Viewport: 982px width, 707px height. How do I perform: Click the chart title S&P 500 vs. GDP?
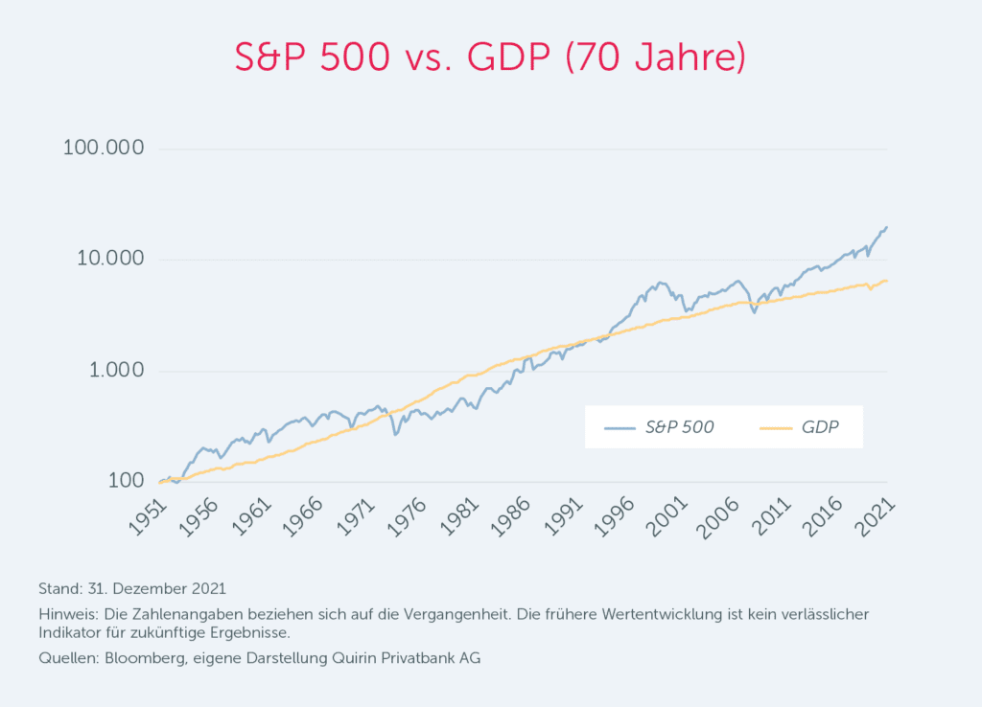[x=490, y=58]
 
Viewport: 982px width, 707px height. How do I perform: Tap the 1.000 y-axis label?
[x=113, y=372]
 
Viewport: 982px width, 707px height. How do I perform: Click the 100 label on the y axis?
[x=126, y=482]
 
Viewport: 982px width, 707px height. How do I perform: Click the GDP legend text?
[x=819, y=427]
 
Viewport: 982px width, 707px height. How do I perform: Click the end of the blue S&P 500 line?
[x=887, y=227]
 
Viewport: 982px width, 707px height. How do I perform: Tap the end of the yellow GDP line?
[x=887, y=281]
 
